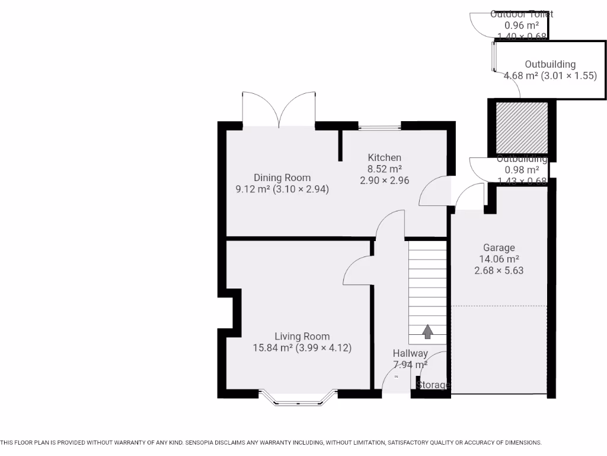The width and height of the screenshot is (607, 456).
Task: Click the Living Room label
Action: coord(302,336)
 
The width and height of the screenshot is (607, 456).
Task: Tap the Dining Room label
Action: coord(282,178)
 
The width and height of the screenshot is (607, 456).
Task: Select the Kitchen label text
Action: coord(384,157)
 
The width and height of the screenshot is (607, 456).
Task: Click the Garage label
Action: coord(499,248)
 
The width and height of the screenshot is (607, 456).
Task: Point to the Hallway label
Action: coord(410,353)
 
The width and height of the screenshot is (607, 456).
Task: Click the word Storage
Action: coord(433,385)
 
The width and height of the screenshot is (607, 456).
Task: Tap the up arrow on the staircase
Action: coord(427,331)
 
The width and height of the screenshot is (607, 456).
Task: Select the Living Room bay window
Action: coord(298,400)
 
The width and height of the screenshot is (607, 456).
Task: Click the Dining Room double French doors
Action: coord(279,110)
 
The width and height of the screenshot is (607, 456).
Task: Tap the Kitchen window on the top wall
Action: coord(379,126)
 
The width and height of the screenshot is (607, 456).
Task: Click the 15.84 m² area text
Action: coord(273,348)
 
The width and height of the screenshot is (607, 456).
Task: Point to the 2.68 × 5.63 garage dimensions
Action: coord(499,270)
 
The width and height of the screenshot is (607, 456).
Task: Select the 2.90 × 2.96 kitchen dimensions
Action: coord(384,180)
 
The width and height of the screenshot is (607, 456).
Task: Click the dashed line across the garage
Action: coord(499,306)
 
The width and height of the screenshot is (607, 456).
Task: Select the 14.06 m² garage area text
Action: coord(499,259)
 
